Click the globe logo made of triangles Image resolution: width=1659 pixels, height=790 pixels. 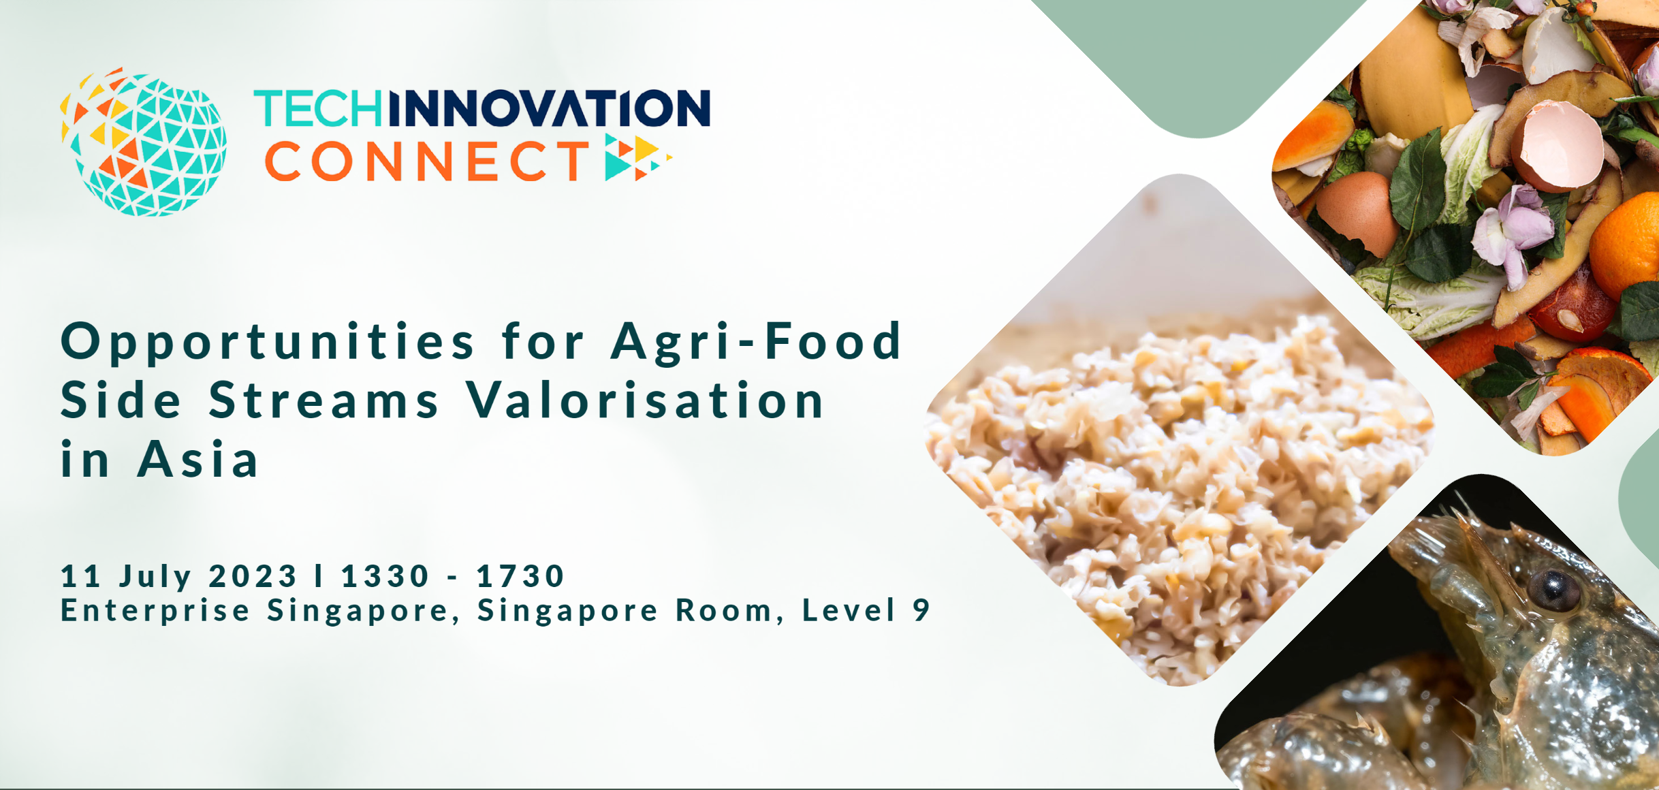(143, 142)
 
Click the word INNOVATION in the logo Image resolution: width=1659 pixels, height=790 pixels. (549, 109)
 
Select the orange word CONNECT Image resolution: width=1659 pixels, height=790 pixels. (427, 161)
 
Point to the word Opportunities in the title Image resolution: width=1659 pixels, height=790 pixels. (268, 343)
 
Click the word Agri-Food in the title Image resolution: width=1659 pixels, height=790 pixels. (757, 343)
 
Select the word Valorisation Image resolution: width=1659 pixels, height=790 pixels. (646, 400)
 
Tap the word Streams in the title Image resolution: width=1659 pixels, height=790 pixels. (324, 400)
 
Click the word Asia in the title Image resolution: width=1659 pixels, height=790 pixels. (198, 459)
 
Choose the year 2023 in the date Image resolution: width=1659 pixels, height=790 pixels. (253, 576)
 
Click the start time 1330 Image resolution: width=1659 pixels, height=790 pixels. (385, 576)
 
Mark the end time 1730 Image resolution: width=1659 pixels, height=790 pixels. (520, 576)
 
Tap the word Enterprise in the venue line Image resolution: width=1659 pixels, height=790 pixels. (155, 611)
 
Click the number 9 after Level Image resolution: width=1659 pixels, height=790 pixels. (921, 610)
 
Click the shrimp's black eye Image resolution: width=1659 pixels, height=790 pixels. (1553, 590)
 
